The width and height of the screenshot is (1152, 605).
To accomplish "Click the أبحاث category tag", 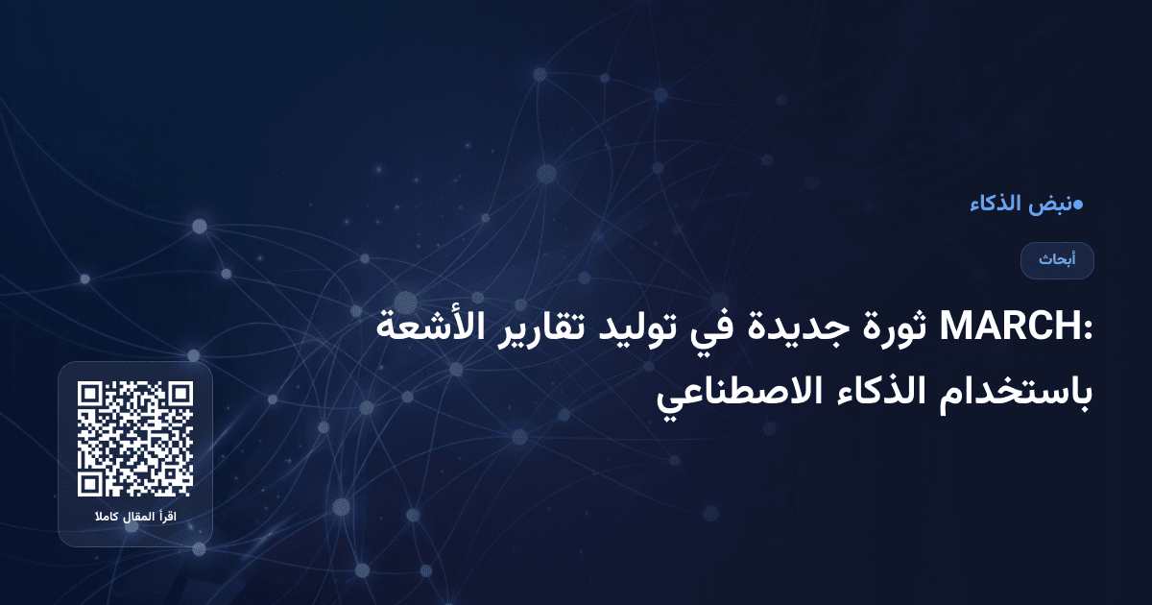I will [1057, 260].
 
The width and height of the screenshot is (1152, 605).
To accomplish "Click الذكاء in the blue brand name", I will [995, 204].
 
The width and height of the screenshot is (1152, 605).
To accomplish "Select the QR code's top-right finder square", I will [180, 395].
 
